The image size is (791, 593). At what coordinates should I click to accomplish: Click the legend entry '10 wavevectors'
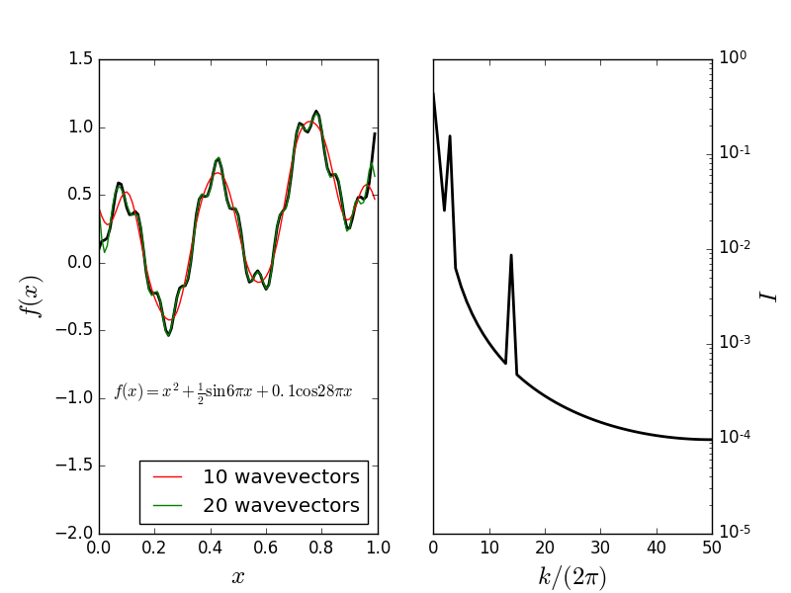(x=281, y=477)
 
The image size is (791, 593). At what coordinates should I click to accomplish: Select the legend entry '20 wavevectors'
(x=281, y=505)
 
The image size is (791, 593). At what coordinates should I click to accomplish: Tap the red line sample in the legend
(x=168, y=477)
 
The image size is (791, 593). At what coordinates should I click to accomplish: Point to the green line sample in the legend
(x=168, y=505)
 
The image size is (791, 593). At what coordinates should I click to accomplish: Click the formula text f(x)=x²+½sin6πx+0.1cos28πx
(x=233, y=391)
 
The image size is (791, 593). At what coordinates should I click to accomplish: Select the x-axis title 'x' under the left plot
(x=238, y=577)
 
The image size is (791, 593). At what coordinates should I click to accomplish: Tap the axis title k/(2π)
(x=572, y=576)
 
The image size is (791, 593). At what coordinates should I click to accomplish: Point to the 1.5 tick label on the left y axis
(x=82, y=59)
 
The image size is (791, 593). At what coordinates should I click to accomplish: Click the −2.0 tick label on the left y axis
(x=75, y=534)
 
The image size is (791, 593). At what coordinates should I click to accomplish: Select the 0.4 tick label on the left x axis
(x=211, y=547)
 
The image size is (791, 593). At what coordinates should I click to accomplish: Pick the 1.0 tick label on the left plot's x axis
(x=378, y=547)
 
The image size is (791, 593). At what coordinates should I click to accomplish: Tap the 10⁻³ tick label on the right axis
(x=734, y=342)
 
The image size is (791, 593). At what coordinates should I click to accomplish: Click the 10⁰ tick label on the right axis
(x=733, y=58)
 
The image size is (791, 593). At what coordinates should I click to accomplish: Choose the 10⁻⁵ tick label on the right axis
(x=734, y=532)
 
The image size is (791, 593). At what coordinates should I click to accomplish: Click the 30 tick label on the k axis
(x=600, y=547)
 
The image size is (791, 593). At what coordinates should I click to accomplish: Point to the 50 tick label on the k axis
(x=712, y=547)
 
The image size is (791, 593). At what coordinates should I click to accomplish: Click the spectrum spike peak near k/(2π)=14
(x=511, y=255)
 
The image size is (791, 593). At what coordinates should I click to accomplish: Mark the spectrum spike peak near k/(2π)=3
(x=450, y=136)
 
